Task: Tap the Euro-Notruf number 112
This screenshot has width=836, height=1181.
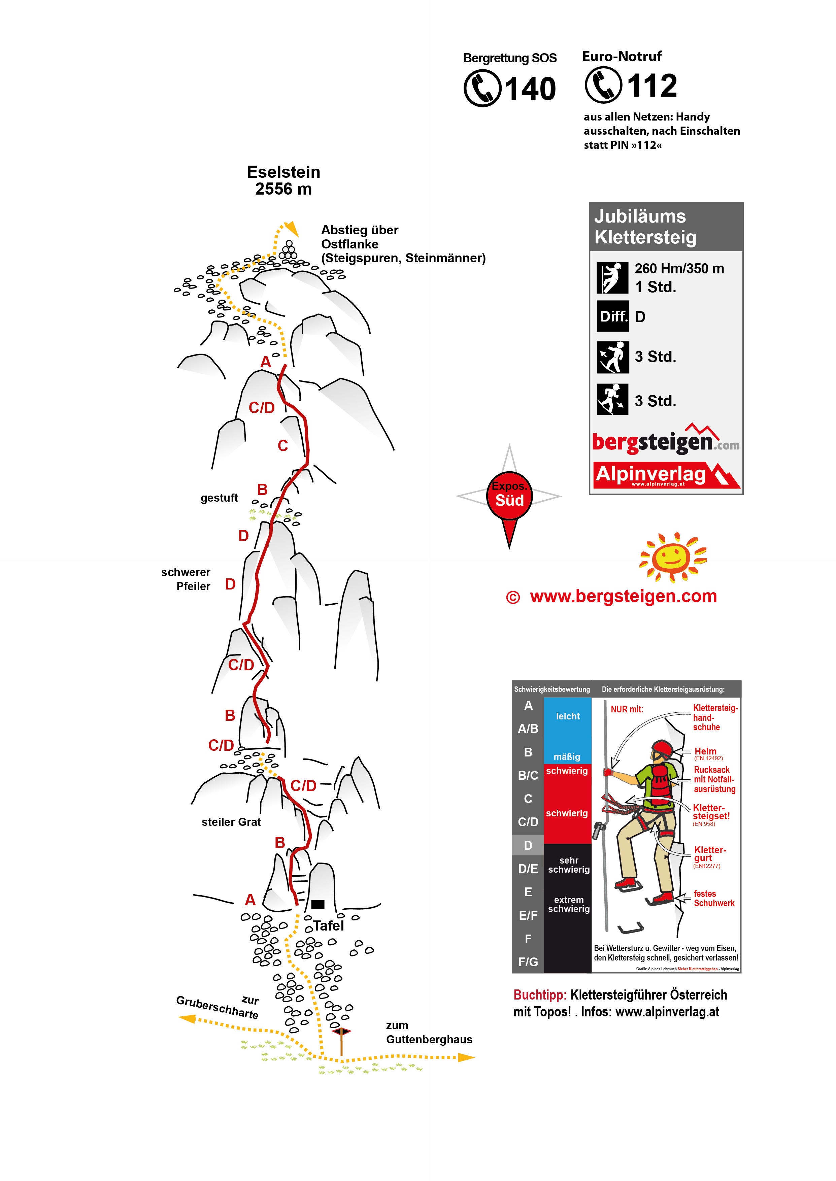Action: pyautogui.click(x=652, y=86)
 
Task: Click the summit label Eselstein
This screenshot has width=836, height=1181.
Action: pyautogui.click(x=283, y=172)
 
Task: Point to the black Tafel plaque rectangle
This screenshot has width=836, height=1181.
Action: pyautogui.click(x=317, y=904)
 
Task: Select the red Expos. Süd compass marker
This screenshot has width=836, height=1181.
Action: pyautogui.click(x=509, y=496)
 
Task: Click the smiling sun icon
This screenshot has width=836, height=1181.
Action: pyautogui.click(x=672, y=557)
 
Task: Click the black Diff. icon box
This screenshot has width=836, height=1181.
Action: pyautogui.click(x=612, y=316)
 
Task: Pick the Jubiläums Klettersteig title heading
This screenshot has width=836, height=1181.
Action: pyautogui.click(x=645, y=227)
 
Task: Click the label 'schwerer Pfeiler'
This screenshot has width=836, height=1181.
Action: pyautogui.click(x=186, y=579)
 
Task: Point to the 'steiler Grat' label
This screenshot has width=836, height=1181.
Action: pyautogui.click(x=231, y=822)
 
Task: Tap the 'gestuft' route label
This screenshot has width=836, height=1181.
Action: pyautogui.click(x=219, y=498)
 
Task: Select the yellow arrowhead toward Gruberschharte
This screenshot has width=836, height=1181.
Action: pyautogui.click(x=186, y=1018)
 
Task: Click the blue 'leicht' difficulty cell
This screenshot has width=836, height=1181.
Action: pyautogui.click(x=567, y=716)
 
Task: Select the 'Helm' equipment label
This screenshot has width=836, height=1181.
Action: pyautogui.click(x=705, y=751)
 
